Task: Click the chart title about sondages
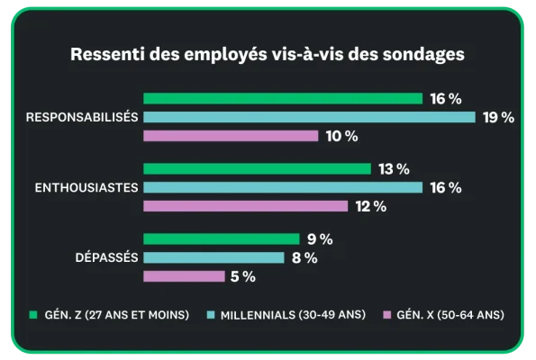[268, 54]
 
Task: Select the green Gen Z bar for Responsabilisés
[282, 98]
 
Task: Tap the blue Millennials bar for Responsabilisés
[309, 117]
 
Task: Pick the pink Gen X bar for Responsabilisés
[231, 136]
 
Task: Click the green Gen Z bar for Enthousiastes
[257, 169]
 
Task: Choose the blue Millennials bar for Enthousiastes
[282, 187]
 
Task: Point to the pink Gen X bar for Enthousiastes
[245, 206]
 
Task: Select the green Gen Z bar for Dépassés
[221, 239]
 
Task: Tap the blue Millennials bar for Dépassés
[213, 257]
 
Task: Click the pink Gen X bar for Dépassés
[184, 276]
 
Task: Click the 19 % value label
[498, 117]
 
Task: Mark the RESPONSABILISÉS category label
[82, 117]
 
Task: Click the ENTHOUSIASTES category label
[86, 187]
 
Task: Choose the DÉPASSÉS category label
[105, 257]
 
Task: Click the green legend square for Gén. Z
[33, 315]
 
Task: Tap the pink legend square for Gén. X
[387, 315]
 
